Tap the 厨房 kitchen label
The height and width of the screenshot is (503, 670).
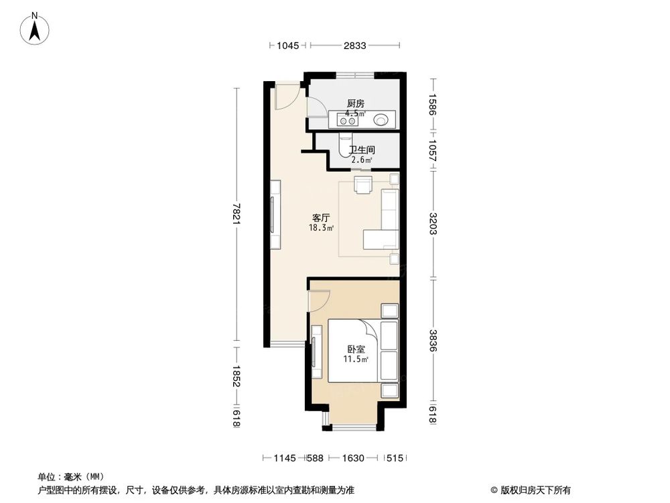(355, 103)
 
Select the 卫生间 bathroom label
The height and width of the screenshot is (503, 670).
(361, 150)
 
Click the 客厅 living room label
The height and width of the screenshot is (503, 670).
(321, 218)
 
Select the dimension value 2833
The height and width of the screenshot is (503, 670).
(355, 46)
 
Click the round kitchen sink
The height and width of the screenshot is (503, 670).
(381, 121)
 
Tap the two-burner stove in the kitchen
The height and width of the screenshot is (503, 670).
(348, 121)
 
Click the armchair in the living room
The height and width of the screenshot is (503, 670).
(362, 184)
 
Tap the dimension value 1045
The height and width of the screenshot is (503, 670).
(287, 46)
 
